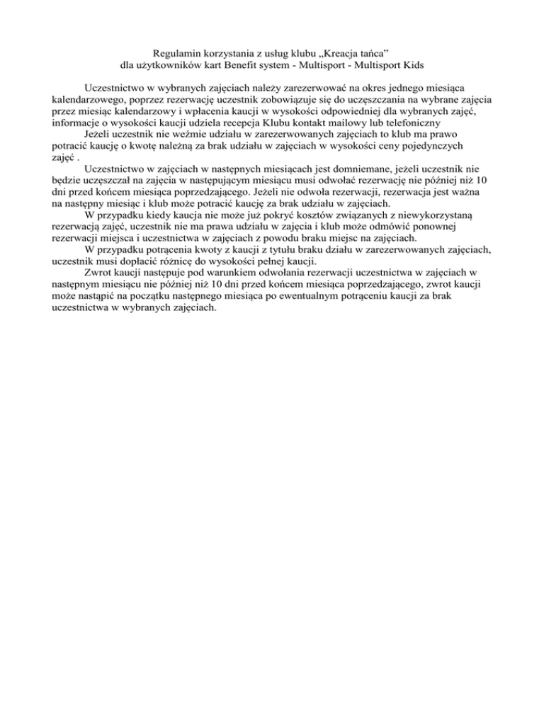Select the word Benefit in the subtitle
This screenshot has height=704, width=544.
pos(253,67)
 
